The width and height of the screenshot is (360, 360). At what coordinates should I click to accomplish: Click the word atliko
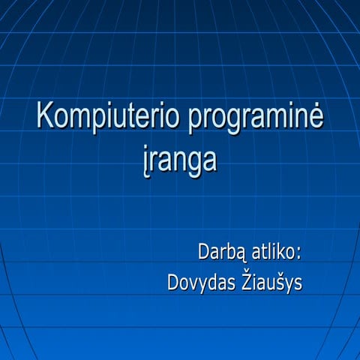click(278, 250)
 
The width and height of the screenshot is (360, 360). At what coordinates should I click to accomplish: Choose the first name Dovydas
click(202, 283)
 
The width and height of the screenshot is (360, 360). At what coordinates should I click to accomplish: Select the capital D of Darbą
click(204, 250)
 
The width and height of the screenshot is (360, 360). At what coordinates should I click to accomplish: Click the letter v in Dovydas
click(196, 284)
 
